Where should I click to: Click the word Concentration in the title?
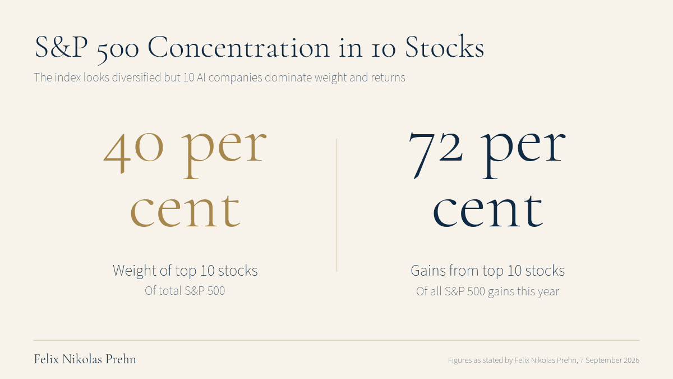pyautogui.click(x=238, y=47)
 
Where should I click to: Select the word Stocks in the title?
pyautogui.click(x=445, y=46)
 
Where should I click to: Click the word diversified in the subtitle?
pyautogui.click(x=136, y=77)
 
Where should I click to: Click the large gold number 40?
pyautogui.click(x=133, y=152)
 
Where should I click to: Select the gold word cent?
pyautogui.click(x=186, y=210)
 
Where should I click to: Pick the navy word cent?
pyautogui.click(x=488, y=210)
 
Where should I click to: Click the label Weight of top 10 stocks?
pyautogui.click(x=185, y=271)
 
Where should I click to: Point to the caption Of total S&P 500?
pyautogui.click(x=185, y=291)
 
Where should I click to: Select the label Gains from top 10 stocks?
pyautogui.click(x=487, y=271)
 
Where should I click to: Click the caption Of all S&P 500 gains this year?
pyautogui.click(x=487, y=291)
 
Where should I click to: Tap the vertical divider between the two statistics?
pyautogui.click(x=337, y=205)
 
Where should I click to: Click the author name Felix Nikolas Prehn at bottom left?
pyautogui.click(x=85, y=359)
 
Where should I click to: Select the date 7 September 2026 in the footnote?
pyautogui.click(x=610, y=360)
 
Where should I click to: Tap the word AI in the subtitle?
pyautogui.click(x=201, y=77)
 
